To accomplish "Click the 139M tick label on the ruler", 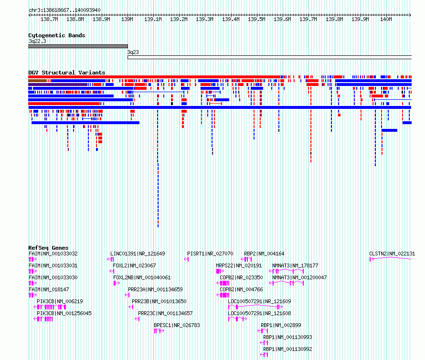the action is click(127, 19).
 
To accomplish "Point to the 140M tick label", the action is click(386, 19).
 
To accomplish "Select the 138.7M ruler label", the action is click(49, 19).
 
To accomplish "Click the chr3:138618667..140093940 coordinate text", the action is click(64, 10).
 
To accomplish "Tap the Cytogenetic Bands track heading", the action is click(57, 35).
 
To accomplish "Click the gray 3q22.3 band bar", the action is click(78, 46).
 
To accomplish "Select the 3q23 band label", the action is click(133, 52).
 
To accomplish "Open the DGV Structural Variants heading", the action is click(67, 73).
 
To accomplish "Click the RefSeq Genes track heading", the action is click(48, 248).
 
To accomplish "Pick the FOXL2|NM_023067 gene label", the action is click(134, 265).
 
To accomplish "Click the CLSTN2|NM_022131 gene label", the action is click(392, 254).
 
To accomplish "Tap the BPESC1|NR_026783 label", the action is click(177, 325).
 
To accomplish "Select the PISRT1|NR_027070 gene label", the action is click(210, 254).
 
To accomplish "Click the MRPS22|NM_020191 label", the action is click(239, 265).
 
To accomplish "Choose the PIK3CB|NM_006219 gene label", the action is click(60, 301).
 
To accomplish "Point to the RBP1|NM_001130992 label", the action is click(287, 349).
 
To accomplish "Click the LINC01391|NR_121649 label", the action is click(138, 254).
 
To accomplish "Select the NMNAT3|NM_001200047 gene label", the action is click(299, 277).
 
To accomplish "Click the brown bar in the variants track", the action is click(38, 81).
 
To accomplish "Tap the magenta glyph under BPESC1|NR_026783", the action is click(159, 331).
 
